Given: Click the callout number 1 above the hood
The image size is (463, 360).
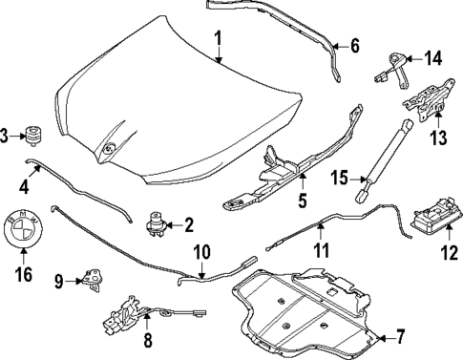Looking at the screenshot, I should pyautogui.click(x=218, y=39).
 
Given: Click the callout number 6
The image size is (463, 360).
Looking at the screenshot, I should pyautogui.click(x=353, y=45).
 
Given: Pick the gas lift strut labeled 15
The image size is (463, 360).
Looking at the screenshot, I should pyautogui.click(x=387, y=159).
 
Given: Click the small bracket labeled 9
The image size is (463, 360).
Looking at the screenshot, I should pyautogui.click(x=94, y=278).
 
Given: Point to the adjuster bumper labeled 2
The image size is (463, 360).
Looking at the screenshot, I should pyautogui.click(x=156, y=226).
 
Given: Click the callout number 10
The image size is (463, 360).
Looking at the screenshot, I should pyautogui.click(x=200, y=253).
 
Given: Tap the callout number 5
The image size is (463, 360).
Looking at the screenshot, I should pyautogui.click(x=302, y=201).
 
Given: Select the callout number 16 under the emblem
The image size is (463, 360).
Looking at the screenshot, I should pyautogui.click(x=23, y=275).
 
